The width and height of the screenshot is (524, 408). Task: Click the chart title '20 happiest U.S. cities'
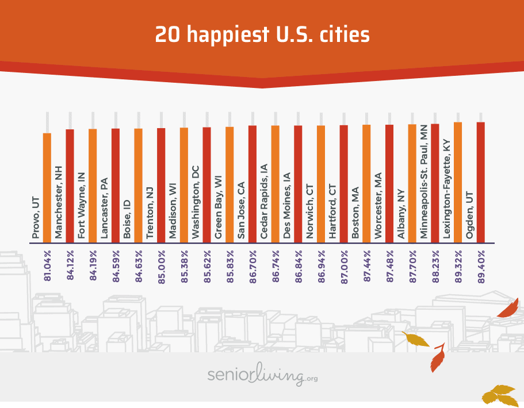pyautogui.click(x=262, y=34)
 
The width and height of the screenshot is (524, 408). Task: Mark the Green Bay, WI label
pyautogui.click(x=219, y=207)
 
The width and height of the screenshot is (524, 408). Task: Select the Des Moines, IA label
pyautogui.click(x=287, y=204)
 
